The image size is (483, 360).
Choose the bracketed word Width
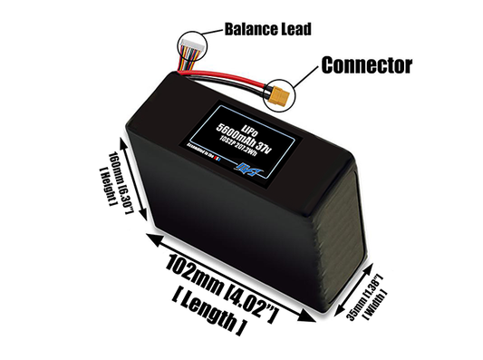click(370, 305)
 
